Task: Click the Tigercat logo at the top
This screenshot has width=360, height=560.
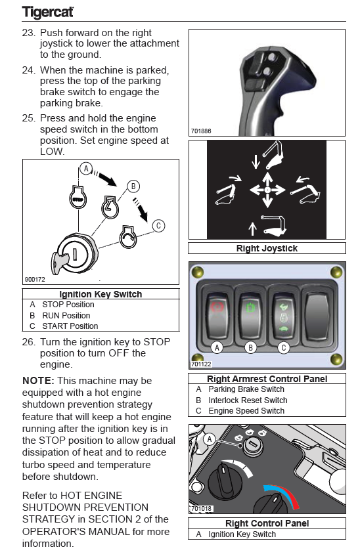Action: (x=47, y=12)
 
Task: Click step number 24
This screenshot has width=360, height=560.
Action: (x=29, y=70)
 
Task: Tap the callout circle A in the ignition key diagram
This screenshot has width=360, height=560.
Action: (x=86, y=168)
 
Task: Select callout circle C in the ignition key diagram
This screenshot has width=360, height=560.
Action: (x=158, y=226)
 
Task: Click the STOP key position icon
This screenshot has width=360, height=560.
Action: (x=78, y=198)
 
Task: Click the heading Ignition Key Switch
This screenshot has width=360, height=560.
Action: (x=101, y=294)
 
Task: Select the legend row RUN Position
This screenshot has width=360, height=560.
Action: (x=66, y=315)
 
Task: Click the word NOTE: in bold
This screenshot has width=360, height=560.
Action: (x=38, y=381)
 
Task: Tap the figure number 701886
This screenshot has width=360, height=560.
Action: (x=201, y=131)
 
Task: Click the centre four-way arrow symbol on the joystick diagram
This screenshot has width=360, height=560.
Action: (x=267, y=190)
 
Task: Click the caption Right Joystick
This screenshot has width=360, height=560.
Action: (x=267, y=248)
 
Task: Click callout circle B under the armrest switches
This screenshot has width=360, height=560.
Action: (x=250, y=347)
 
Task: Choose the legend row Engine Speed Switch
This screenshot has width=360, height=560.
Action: (x=246, y=411)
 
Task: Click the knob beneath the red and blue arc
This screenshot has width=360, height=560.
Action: (x=274, y=504)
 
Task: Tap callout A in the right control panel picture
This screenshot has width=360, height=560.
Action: (x=210, y=439)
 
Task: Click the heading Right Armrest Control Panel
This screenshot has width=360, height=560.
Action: (x=267, y=379)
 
